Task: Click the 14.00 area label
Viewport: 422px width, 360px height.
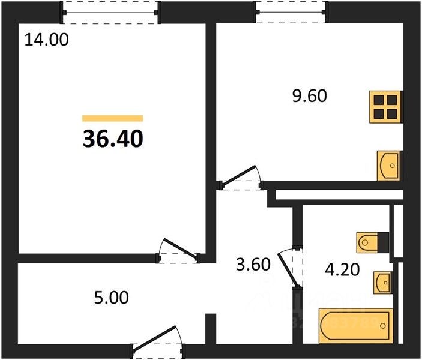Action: [47, 41]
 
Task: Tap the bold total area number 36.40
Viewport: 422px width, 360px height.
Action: [113, 139]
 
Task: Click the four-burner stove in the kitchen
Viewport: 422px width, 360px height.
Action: [384, 107]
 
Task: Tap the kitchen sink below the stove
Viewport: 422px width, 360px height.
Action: [388, 164]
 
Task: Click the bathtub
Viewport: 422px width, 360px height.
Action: [355, 326]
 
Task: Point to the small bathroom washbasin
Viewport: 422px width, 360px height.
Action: [382, 281]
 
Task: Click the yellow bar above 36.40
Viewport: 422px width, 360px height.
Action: [113, 118]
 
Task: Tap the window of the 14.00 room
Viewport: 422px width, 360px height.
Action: [112, 11]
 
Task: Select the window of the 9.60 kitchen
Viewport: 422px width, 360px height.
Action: [291, 11]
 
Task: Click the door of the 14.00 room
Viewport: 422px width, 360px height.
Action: [178, 253]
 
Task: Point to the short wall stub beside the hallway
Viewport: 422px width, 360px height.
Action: [210, 328]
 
